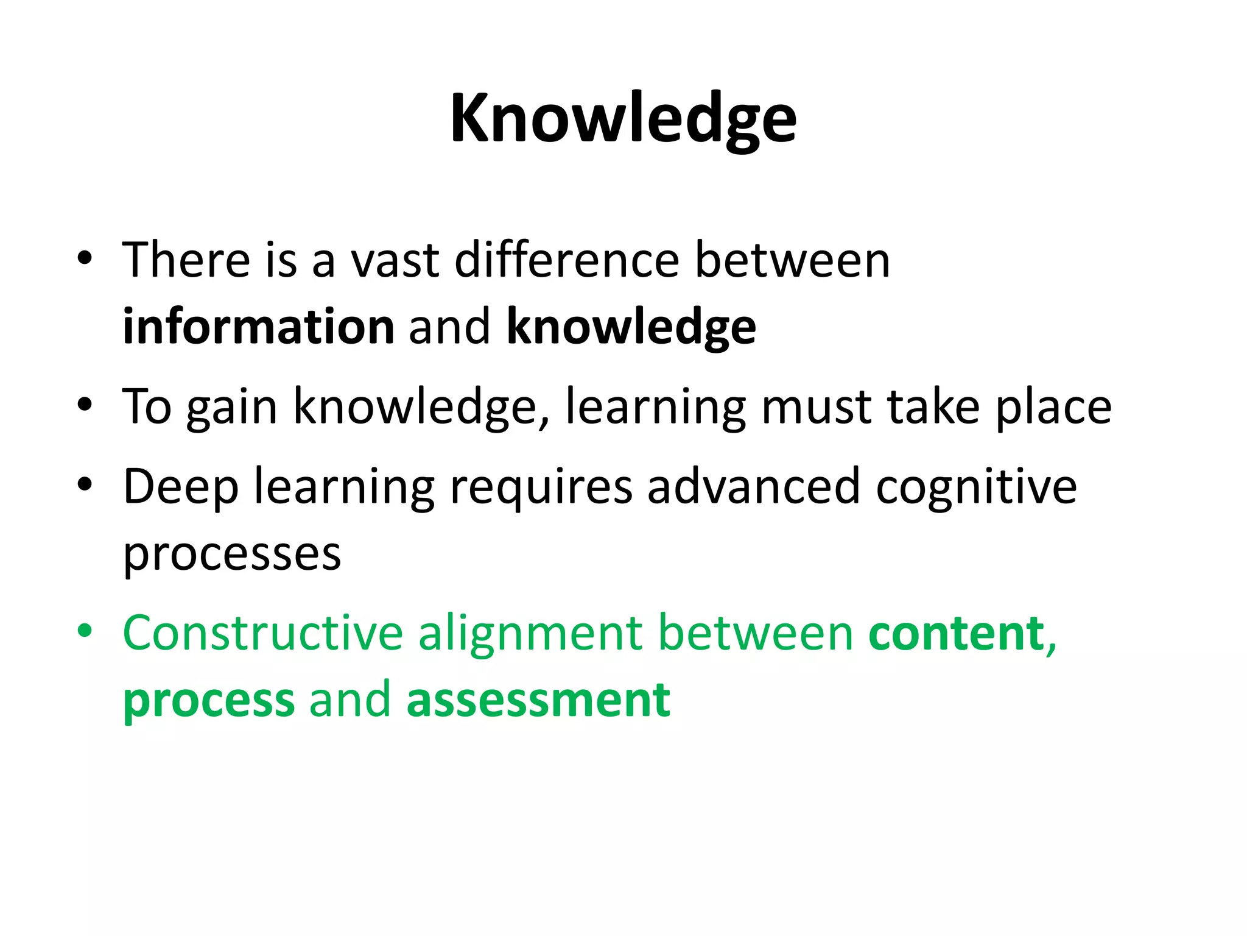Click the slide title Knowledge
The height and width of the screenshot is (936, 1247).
click(623, 119)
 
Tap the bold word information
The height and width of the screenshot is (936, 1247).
click(259, 327)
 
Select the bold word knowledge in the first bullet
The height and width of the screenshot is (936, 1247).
click(631, 327)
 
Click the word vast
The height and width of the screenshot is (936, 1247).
click(395, 260)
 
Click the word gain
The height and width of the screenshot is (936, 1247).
click(232, 407)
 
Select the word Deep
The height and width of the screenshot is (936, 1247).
click(181, 487)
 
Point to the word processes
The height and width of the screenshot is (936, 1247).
click(232, 555)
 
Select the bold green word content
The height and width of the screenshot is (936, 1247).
click(957, 633)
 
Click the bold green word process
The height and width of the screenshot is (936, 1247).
click(209, 701)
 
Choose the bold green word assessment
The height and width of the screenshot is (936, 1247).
click(538, 701)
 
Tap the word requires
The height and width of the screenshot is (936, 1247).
click(541, 487)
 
